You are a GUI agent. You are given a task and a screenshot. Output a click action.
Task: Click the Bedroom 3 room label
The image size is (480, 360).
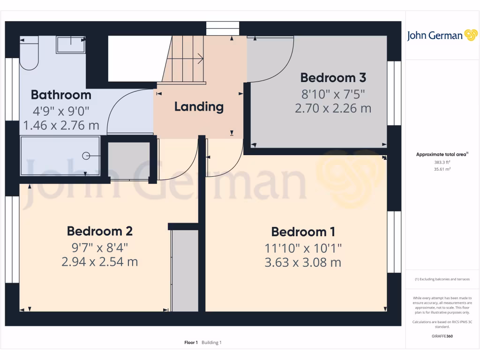333,77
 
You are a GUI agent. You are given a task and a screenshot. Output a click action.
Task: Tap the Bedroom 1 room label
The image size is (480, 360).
303,232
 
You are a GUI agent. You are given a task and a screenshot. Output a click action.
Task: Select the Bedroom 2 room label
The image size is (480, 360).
99,231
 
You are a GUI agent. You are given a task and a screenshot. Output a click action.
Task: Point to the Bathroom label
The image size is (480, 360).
61,95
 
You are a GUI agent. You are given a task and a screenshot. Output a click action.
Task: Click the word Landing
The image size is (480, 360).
199,106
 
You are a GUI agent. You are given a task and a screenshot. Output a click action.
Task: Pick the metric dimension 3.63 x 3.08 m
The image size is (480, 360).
303,262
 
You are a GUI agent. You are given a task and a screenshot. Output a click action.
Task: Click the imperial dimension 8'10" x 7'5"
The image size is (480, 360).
333,93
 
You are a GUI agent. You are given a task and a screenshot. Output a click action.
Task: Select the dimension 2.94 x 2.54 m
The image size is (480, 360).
99,261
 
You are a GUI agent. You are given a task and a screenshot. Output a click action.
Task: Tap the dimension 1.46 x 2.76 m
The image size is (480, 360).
61,125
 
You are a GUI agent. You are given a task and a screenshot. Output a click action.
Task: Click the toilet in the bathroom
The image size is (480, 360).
29,54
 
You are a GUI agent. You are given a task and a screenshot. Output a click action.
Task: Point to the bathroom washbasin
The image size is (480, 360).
71,45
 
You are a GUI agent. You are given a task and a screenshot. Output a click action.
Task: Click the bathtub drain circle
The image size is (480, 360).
86,156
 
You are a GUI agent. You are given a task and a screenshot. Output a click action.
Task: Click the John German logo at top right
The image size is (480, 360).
442,36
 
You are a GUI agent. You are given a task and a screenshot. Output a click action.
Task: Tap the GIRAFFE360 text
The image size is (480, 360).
442,336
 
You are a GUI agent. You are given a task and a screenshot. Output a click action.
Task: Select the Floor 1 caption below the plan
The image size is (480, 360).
191,343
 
